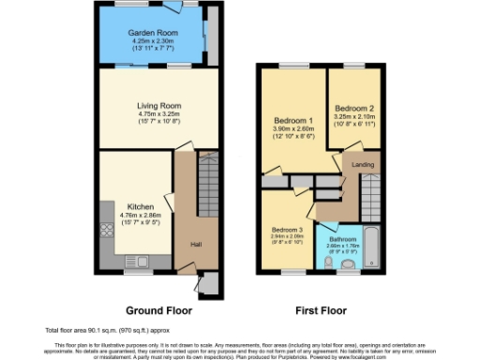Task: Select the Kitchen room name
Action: [x=141, y=206]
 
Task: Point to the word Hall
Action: [x=196, y=245]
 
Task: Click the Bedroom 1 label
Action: [x=292, y=121]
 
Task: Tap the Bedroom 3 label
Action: [x=288, y=230]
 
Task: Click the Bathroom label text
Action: [x=342, y=240]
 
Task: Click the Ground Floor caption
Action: [x=158, y=308]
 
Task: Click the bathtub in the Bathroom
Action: [x=367, y=247]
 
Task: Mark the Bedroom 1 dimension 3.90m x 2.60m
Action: [x=292, y=130]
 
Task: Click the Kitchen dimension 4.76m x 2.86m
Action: [x=141, y=216]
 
